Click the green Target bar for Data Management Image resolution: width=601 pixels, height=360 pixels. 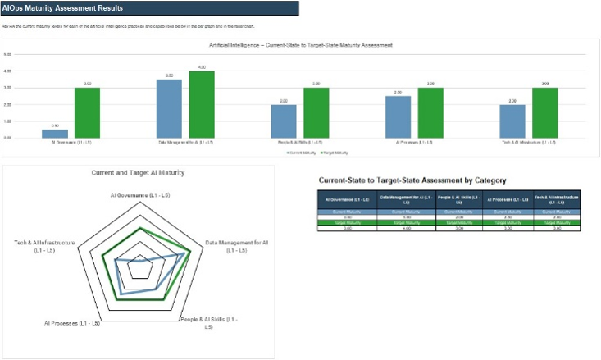click(201, 104)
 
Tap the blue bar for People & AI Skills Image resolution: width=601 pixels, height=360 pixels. click(284, 121)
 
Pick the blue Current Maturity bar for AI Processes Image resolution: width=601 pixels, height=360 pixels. click(398, 117)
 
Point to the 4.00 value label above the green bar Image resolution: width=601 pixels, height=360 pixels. click(201, 67)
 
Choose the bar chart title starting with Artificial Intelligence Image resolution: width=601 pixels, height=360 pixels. click(301, 44)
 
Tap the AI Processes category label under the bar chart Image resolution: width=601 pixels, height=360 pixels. click(414, 143)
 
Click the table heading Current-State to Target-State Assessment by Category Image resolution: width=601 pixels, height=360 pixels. click(412, 180)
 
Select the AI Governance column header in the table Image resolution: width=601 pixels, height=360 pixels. click(342, 200)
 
